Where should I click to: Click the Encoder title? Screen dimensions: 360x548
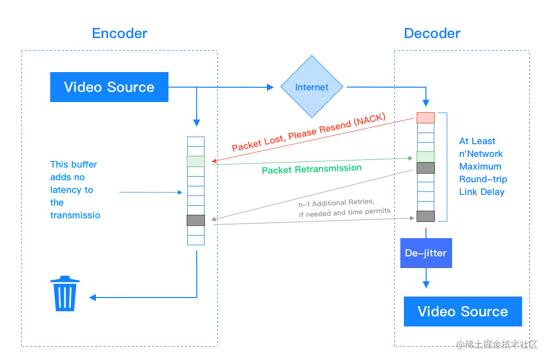pos(120,34)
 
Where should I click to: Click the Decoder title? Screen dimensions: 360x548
pos(432,34)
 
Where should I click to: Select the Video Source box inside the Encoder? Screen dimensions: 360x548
pos(109,87)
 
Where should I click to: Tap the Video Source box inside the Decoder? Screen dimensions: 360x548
pos(462,312)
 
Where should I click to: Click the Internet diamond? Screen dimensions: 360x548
pos(312,87)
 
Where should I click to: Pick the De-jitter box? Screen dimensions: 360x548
pos(426,252)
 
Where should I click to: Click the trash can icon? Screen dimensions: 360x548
pos(64,293)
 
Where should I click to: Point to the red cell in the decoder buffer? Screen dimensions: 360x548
pos(425,118)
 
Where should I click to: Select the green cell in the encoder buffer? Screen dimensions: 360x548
pos(196,161)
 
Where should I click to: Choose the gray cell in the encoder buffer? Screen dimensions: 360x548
pos(196,220)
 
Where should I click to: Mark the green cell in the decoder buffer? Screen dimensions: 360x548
pos(425,157)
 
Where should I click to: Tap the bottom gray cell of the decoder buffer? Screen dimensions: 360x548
pos(425,216)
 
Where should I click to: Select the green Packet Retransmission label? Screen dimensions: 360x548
pos(311,169)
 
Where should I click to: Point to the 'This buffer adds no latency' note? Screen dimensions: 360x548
pos(74,189)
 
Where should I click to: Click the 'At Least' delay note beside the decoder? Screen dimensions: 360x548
pos(482,166)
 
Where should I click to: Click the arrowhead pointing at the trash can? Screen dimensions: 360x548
pos(91,298)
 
